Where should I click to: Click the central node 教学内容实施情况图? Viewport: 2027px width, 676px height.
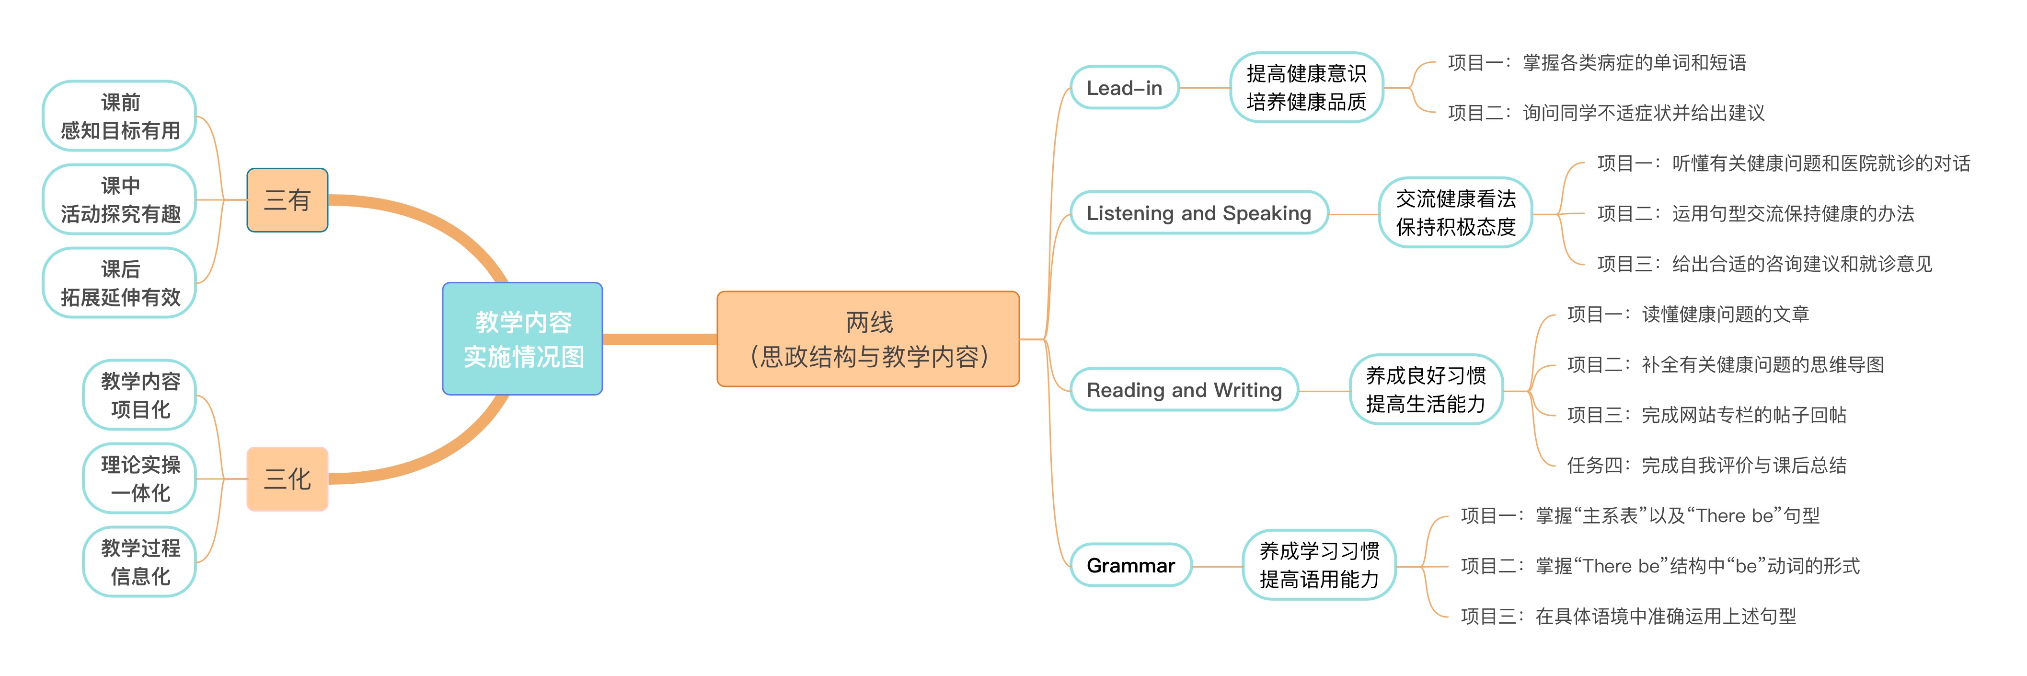522,339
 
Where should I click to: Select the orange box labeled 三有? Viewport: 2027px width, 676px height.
287,200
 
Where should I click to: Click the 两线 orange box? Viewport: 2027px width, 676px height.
868,339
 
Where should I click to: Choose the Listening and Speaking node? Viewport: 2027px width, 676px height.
1198,213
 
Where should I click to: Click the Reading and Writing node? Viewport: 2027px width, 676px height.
1184,390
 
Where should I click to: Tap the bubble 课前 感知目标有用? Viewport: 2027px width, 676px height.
120,117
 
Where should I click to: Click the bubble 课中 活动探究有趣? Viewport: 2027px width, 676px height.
120,200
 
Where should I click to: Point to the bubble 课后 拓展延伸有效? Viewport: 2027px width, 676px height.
120,283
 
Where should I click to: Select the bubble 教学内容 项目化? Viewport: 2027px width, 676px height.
140,395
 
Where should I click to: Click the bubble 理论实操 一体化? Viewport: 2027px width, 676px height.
140,478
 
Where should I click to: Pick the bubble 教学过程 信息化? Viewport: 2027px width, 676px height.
140,562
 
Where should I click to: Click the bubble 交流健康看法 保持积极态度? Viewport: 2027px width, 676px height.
1456,213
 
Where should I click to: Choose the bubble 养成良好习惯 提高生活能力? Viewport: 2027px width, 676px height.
1426,390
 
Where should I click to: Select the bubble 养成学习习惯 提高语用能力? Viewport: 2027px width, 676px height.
1319,565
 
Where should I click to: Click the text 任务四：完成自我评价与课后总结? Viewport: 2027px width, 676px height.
1706,465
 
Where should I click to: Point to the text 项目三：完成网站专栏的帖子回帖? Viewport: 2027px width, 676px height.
1706,415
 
